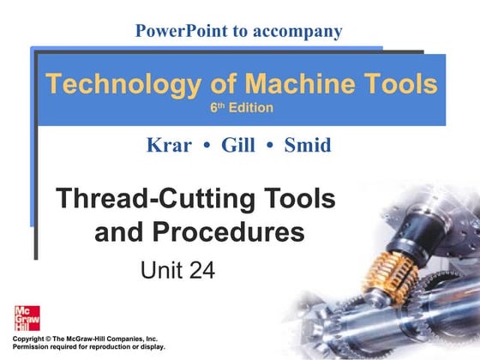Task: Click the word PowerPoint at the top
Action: [x=182, y=31]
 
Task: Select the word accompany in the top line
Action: [x=297, y=33]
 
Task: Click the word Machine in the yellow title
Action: [x=300, y=84]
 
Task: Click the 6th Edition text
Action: [x=242, y=108]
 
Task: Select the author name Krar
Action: [x=170, y=145]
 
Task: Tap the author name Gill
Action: [x=238, y=145]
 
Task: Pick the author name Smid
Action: [x=308, y=145]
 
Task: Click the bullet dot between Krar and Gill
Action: [x=207, y=146]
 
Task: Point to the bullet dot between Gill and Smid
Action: [x=270, y=146]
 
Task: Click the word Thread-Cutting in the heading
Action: [x=155, y=199]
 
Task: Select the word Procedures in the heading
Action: [x=228, y=231]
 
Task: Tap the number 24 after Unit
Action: [x=202, y=270]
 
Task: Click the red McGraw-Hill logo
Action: [x=27, y=318]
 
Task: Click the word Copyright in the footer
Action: [x=28, y=339]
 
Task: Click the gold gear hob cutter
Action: [x=390, y=276]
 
